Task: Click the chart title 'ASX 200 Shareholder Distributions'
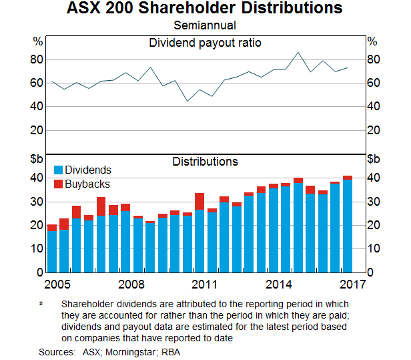[205, 9]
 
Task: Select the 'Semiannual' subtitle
[205, 26]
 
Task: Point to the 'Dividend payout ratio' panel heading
[205, 43]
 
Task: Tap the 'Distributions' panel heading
[205, 162]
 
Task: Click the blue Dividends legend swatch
[58, 171]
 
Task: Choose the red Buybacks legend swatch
[58, 184]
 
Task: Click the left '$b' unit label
[37, 159]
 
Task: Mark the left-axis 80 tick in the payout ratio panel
[37, 59]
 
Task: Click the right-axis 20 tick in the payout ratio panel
[374, 130]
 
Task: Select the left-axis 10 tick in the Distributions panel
[37, 249]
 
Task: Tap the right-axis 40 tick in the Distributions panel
[374, 178]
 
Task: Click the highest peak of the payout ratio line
[298, 53]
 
